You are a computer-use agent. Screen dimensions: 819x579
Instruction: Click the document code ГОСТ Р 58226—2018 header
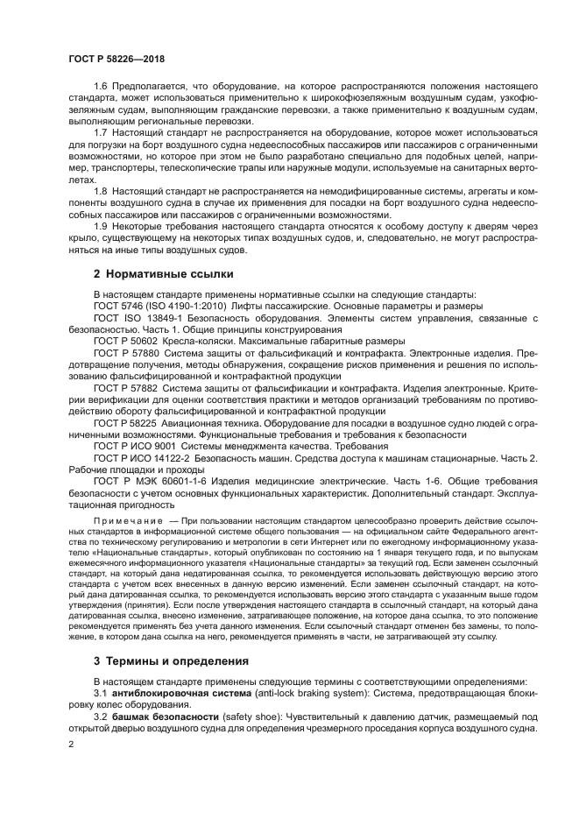116,58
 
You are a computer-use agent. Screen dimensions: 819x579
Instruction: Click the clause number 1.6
102,87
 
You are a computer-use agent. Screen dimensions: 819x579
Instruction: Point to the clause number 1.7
102,132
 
